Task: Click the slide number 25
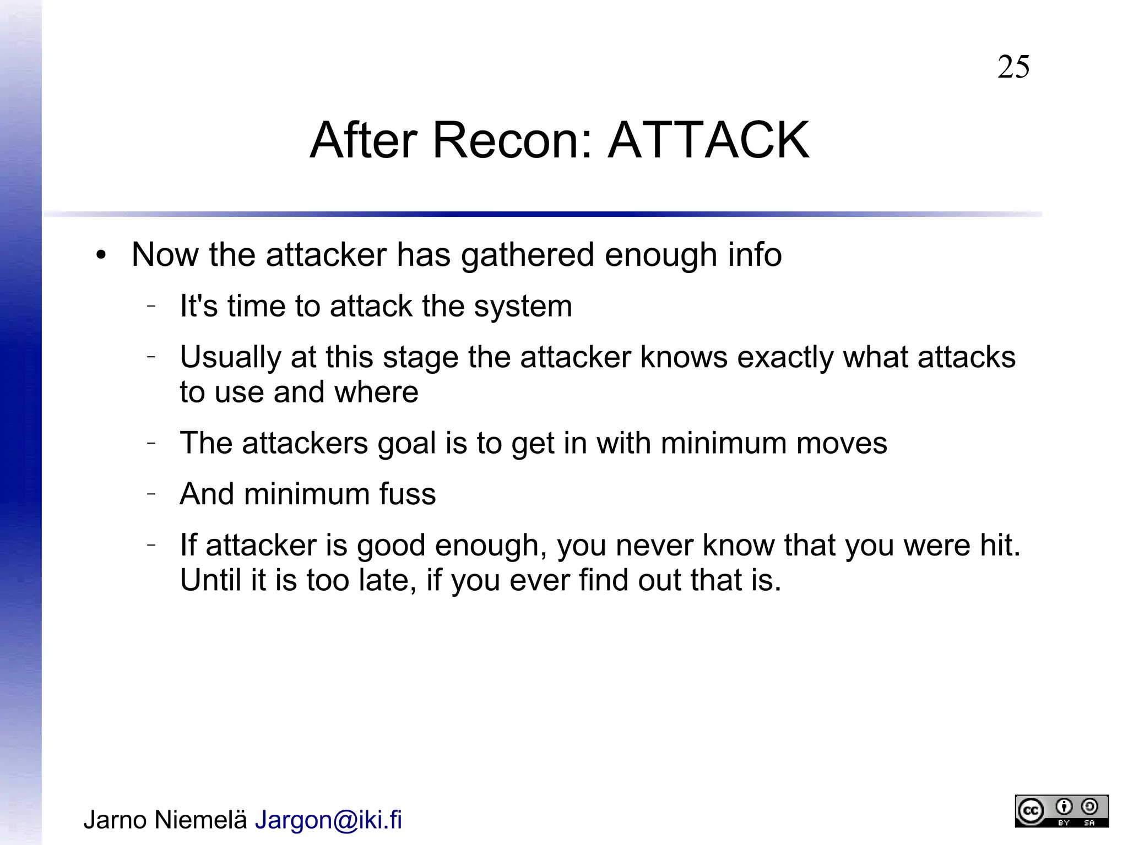coord(1013,67)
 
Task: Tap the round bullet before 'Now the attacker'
coord(100,255)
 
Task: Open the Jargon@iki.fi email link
coord(328,820)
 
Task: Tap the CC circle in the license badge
coord(1031,811)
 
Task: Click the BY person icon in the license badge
coord(1064,808)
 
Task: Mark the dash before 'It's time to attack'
coord(151,307)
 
